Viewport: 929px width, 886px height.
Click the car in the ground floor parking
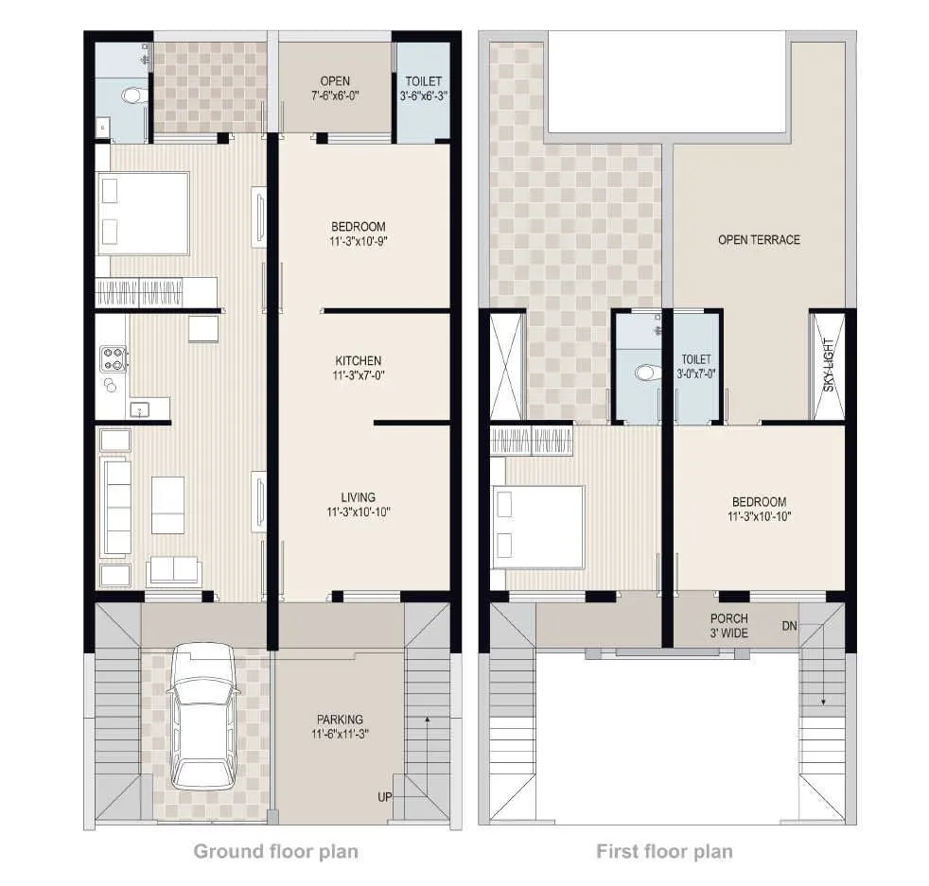point(202,717)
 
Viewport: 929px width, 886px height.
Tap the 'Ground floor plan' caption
point(275,851)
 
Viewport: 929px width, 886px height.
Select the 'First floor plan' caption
point(664,851)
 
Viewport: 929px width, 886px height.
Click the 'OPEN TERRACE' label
point(759,240)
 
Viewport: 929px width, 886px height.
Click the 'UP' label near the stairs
point(385,797)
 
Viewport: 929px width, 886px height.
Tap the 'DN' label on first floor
point(789,626)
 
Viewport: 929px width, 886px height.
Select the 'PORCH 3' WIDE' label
point(728,626)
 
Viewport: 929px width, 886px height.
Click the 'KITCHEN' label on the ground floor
point(359,368)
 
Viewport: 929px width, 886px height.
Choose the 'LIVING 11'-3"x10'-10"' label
point(359,504)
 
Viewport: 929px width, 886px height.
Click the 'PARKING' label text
point(340,726)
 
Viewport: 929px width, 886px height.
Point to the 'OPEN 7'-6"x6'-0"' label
point(335,88)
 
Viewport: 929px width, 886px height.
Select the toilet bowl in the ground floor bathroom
point(131,95)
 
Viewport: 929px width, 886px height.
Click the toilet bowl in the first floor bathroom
point(647,373)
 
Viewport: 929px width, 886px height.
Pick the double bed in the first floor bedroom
point(536,528)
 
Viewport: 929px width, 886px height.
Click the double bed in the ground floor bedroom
point(143,213)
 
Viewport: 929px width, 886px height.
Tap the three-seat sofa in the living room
point(116,507)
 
